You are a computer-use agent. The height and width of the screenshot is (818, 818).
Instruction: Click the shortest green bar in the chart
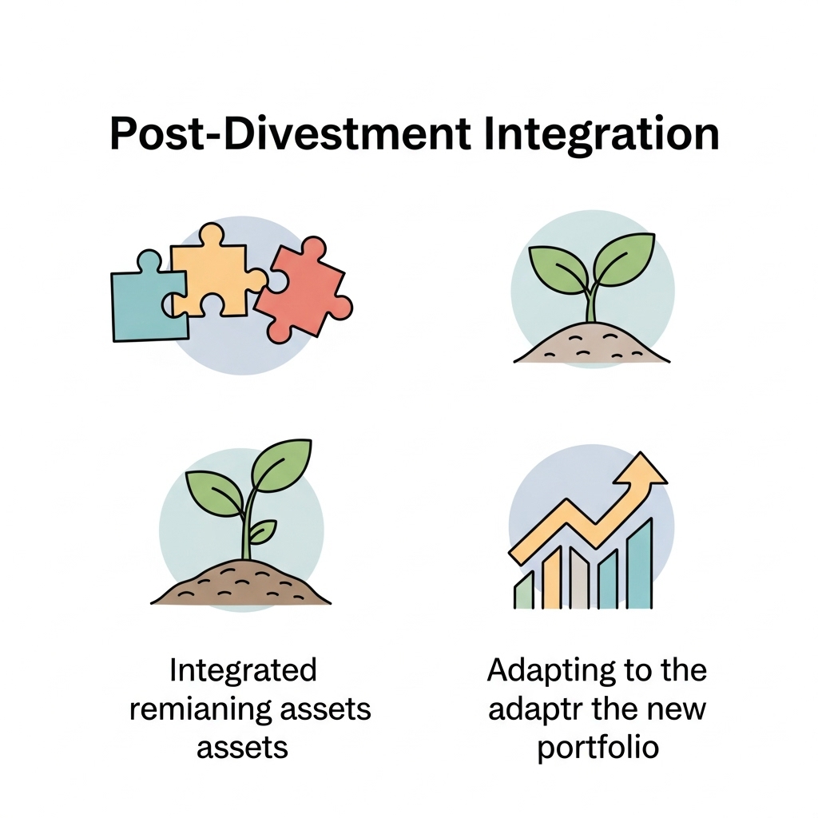pyautogui.click(x=523, y=591)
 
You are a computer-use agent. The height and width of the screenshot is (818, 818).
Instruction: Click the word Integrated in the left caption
pyautogui.click(x=243, y=669)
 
